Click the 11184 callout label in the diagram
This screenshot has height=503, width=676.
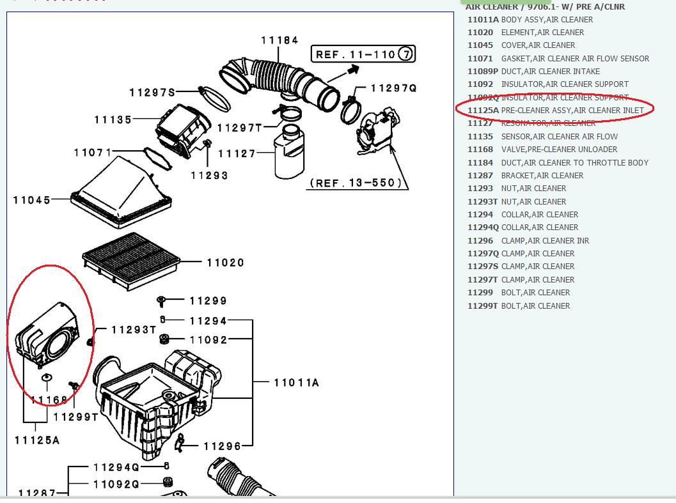279,40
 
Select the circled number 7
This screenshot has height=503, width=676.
406,54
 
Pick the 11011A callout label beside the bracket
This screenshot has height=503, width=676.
296,382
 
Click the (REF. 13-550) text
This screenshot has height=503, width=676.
357,183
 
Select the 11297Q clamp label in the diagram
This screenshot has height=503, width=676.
393,88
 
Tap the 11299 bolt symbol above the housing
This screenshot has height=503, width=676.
161,300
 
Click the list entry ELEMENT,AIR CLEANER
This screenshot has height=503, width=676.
542,33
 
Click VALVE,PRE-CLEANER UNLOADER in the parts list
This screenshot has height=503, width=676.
559,150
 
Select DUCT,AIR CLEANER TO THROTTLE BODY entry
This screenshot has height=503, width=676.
574,163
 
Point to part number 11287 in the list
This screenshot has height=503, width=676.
480,176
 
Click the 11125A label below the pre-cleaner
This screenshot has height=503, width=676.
37,440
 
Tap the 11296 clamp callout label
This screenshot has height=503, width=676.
222,446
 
